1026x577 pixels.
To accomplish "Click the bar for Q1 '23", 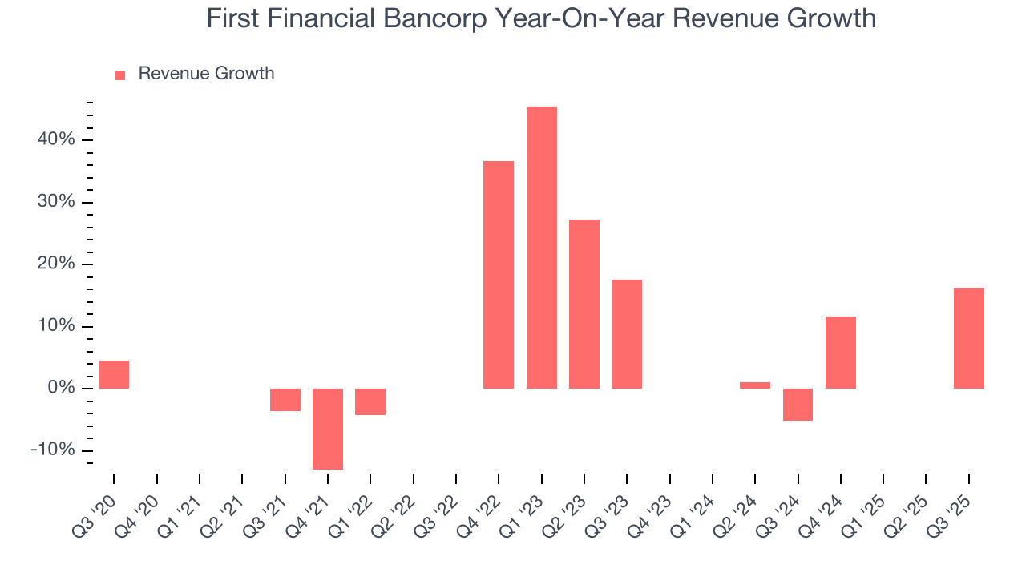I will [541, 248].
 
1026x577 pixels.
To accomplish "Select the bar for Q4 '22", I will [499, 275].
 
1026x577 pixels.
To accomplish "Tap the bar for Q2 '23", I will [584, 304].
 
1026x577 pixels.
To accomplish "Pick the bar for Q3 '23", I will [627, 334].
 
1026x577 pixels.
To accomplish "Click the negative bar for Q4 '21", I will [328, 429].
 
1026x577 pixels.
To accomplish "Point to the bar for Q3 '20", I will [114, 374].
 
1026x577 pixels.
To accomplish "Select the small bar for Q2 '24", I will [755, 385].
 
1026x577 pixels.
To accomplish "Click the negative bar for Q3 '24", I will [798, 405].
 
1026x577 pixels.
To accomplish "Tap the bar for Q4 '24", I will [841, 353].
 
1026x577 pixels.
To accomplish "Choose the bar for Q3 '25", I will [969, 338].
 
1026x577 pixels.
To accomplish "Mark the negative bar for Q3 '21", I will [285, 400].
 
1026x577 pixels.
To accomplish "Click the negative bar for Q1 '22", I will [370, 401].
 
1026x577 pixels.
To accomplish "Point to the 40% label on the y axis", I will [55, 140].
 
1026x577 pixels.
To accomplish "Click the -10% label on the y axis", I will [53, 450].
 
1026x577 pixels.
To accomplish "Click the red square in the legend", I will [120, 75].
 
